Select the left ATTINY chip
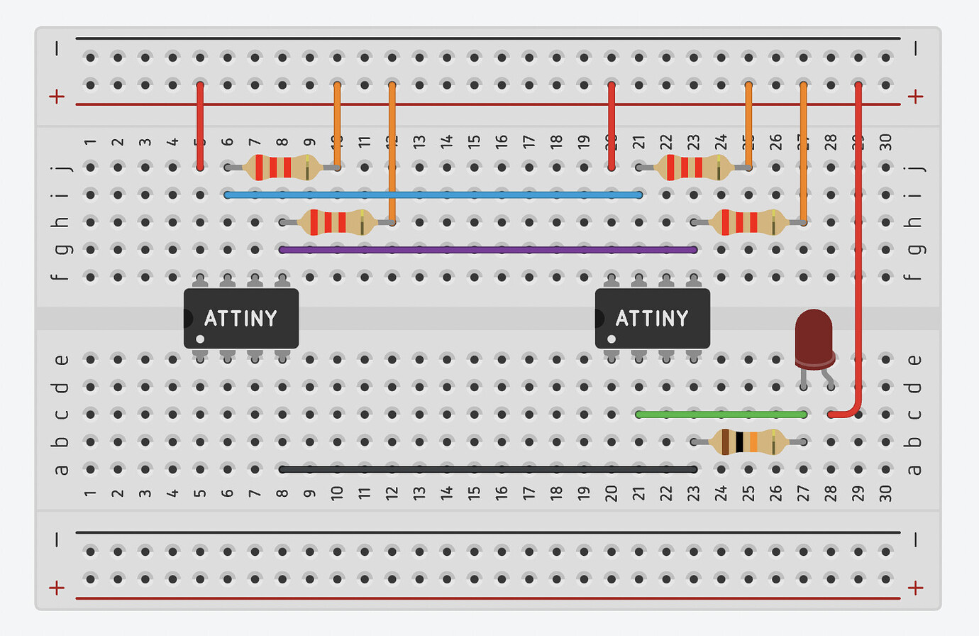[x=241, y=318]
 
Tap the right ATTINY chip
[x=653, y=318]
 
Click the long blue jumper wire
[x=433, y=194]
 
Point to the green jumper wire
[x=721, y=415]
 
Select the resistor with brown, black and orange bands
[x=748, y=442]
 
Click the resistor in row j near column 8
[x=282, y=168]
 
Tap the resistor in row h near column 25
[x=748, y=222]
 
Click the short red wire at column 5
[x=200, y=126]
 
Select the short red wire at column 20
[x=612, y=126]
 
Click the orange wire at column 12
[x=392, y=153]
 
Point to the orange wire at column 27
[x=803, y=153]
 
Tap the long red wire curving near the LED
[x=858, y=248]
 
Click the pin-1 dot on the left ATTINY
[x=200, y=339]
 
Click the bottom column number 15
[x=474, y=491]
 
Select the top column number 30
[x=885, y=142]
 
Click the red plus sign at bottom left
[x=57, y=587]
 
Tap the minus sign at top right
[x=916, y=48]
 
